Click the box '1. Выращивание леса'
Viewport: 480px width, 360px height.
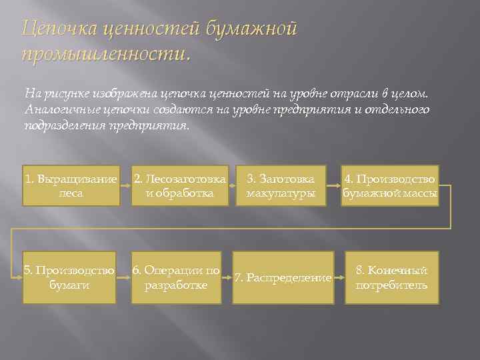pyautogui.click(x=71, y=185)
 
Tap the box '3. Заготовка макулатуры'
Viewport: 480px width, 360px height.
pyautogui.click(x=281, y=185)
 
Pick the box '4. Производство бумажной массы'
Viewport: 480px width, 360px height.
pyautogui.click(x=390, y=185)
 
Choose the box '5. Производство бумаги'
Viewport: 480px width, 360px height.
pyautogui.click(x=69, y=277)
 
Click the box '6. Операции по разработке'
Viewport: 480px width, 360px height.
pyautogui.click(x=176, y=277)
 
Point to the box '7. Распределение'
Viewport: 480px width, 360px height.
pyautogui.click(x=283, y=277)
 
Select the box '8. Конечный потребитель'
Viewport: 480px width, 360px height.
pyautogui.click(x=391, y=277)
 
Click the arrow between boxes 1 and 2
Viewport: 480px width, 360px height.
pyautogui.click(x=125, y=185)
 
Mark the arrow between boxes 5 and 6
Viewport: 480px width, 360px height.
pyautogui.click(x=123, y=277)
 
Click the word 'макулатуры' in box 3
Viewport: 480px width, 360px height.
pyautogui.click(x=281, y=193)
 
